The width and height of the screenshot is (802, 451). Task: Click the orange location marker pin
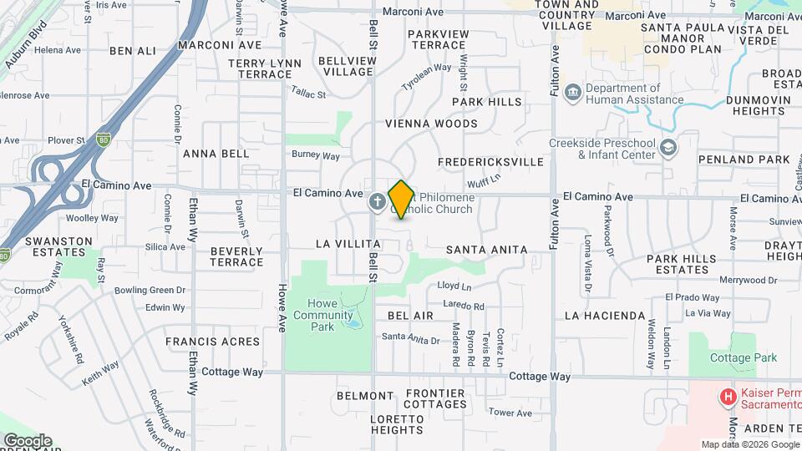pyautogui.click(x=401, y=199)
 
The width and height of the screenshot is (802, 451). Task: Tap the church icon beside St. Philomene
pyautogui.click(x=378, y=200)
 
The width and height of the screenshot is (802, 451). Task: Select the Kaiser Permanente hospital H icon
pyautogui.click(x=729, y=397)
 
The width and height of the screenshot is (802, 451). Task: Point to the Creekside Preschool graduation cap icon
pyautogui.click(x=668, y=148)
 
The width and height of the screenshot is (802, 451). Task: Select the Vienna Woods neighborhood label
pyautogui.click(x=431, y=124)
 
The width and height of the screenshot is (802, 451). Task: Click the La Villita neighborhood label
pyautogui.click(x=342, y=245)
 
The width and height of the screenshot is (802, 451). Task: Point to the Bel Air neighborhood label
pyautogui.click(x=410, y=316)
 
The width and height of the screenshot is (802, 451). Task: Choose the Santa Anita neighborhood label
pyautogui.click(x=486, y=250)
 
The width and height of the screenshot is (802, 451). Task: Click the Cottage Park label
pyautogui.click(x=744, y=357)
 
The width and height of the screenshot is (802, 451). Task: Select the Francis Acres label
pyautogui.click(x=212, y=342)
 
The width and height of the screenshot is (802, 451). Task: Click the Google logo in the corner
pyautogui.click(x=28, y=440)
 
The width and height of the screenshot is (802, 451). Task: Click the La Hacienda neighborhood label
pyautogui.click(x=605, y=316)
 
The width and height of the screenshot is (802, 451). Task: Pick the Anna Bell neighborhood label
pyautogui.click(x=216, y=154)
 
